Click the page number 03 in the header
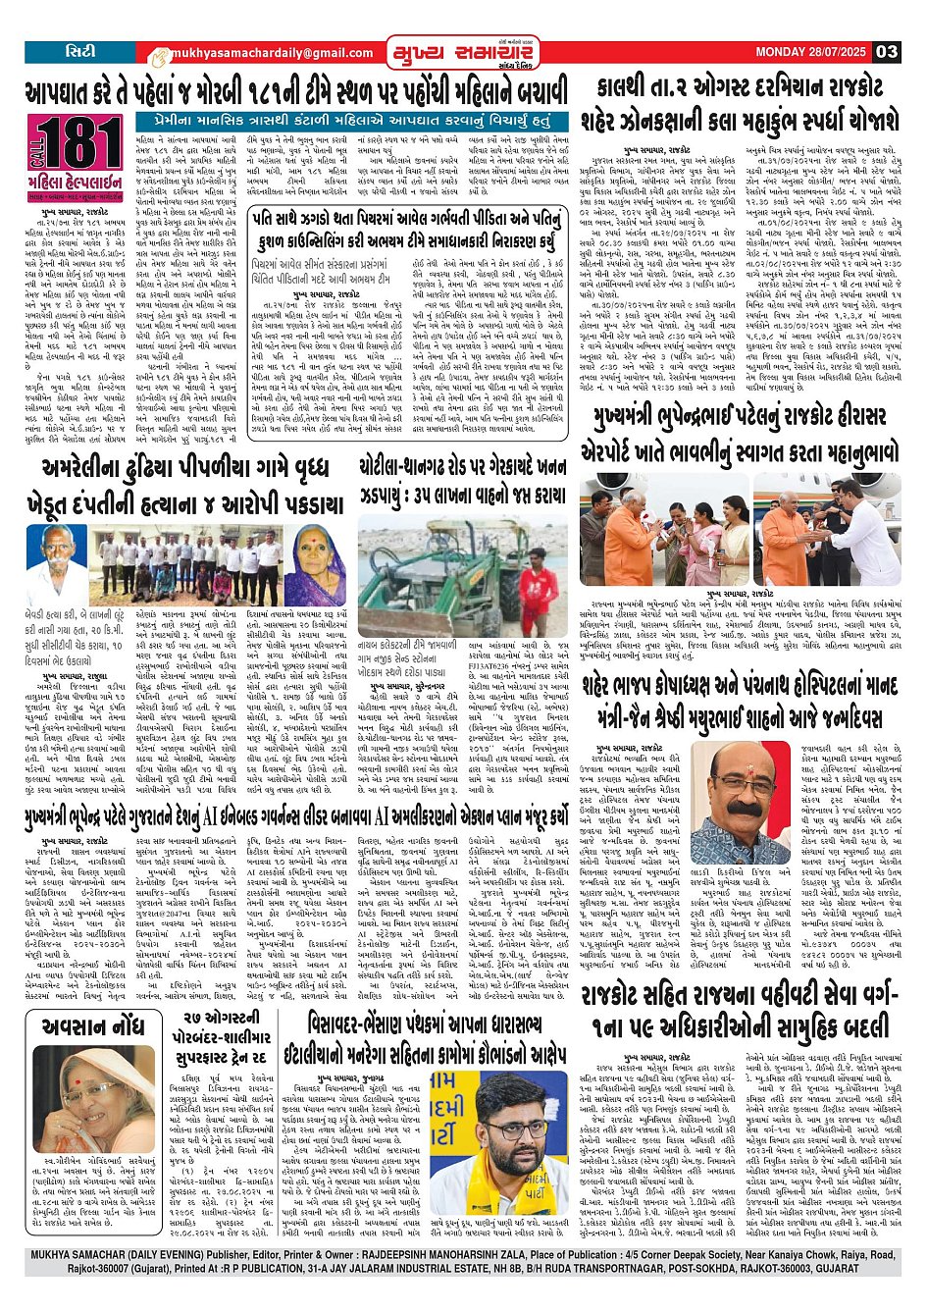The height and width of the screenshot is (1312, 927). click(x=887, y=52)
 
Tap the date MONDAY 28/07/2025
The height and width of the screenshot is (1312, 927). click(x=811, y=52)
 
